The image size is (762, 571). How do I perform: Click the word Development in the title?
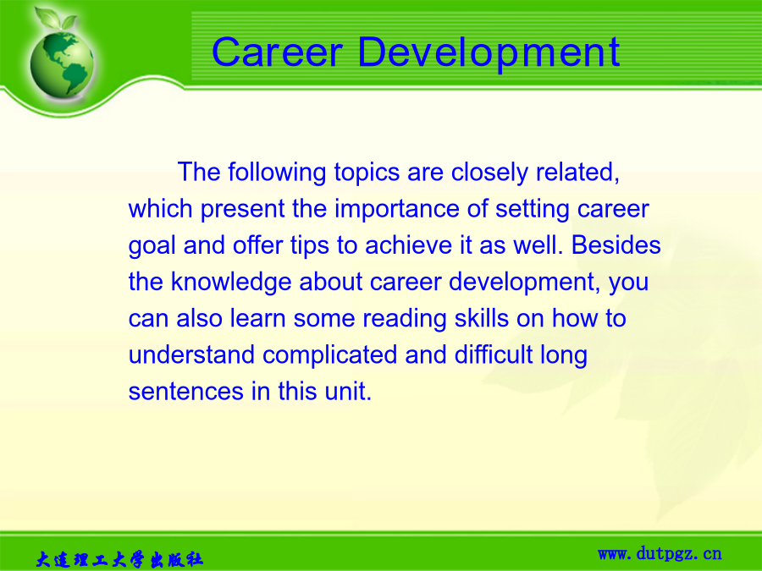pyautogui.click(x=489, y=52)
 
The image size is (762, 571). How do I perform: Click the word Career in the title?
pyautogui.click(x=277, y=52)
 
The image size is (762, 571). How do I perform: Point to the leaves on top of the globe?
pyautogui.click(x=55, y=19)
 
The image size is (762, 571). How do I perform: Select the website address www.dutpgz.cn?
pyautogui.click(x=660, y=553)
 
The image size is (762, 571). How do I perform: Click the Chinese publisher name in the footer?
pyautogui.click(x=119, y=559)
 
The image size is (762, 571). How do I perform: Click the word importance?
pyautogui.click(x=397, y=210)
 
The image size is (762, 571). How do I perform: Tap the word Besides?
pyautogui.click(x=616, y=244)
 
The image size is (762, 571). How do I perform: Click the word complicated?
pyautogui.click(x=329, y=355)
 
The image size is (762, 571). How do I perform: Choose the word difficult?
pyautogui.click(x=494, y=354)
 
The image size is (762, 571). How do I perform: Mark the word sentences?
pyautogui.click(x=185, y=392)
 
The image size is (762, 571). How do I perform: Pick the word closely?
pyautogui.click(x=489, y=173)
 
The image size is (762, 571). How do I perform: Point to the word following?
pyautogui.click(x=277, y=173)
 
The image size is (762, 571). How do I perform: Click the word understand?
pyautogui.click(x=191, y=354)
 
